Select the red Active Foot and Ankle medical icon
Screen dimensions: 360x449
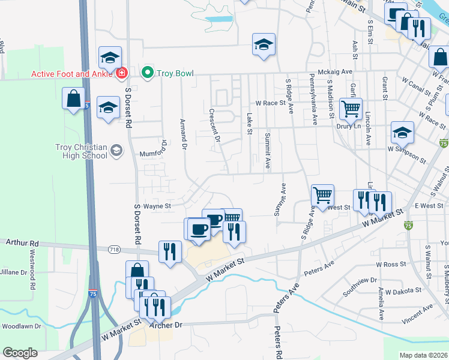pyautogui.click(x=122, y=73)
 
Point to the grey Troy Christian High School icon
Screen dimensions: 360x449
pyautogui.click(x=116, y=151)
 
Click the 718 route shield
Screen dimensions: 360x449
pyautogui.click(x=113, y=249)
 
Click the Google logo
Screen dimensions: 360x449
pyautogui.click(x=20, y=353)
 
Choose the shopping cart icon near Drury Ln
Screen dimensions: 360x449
pyautogui.click(x=351, y=109)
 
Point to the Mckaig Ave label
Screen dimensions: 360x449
pyautogui.click(x=336, y=71)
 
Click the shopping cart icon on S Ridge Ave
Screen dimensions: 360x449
pyautogui.click(x=323, y=195)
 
